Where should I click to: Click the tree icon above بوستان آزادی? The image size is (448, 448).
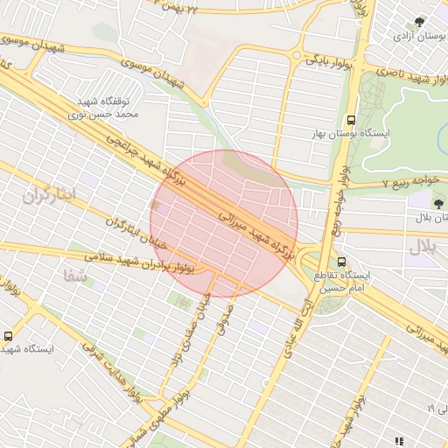tap(419, 22)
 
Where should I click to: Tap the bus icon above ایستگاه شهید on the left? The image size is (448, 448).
tap(10, 335)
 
